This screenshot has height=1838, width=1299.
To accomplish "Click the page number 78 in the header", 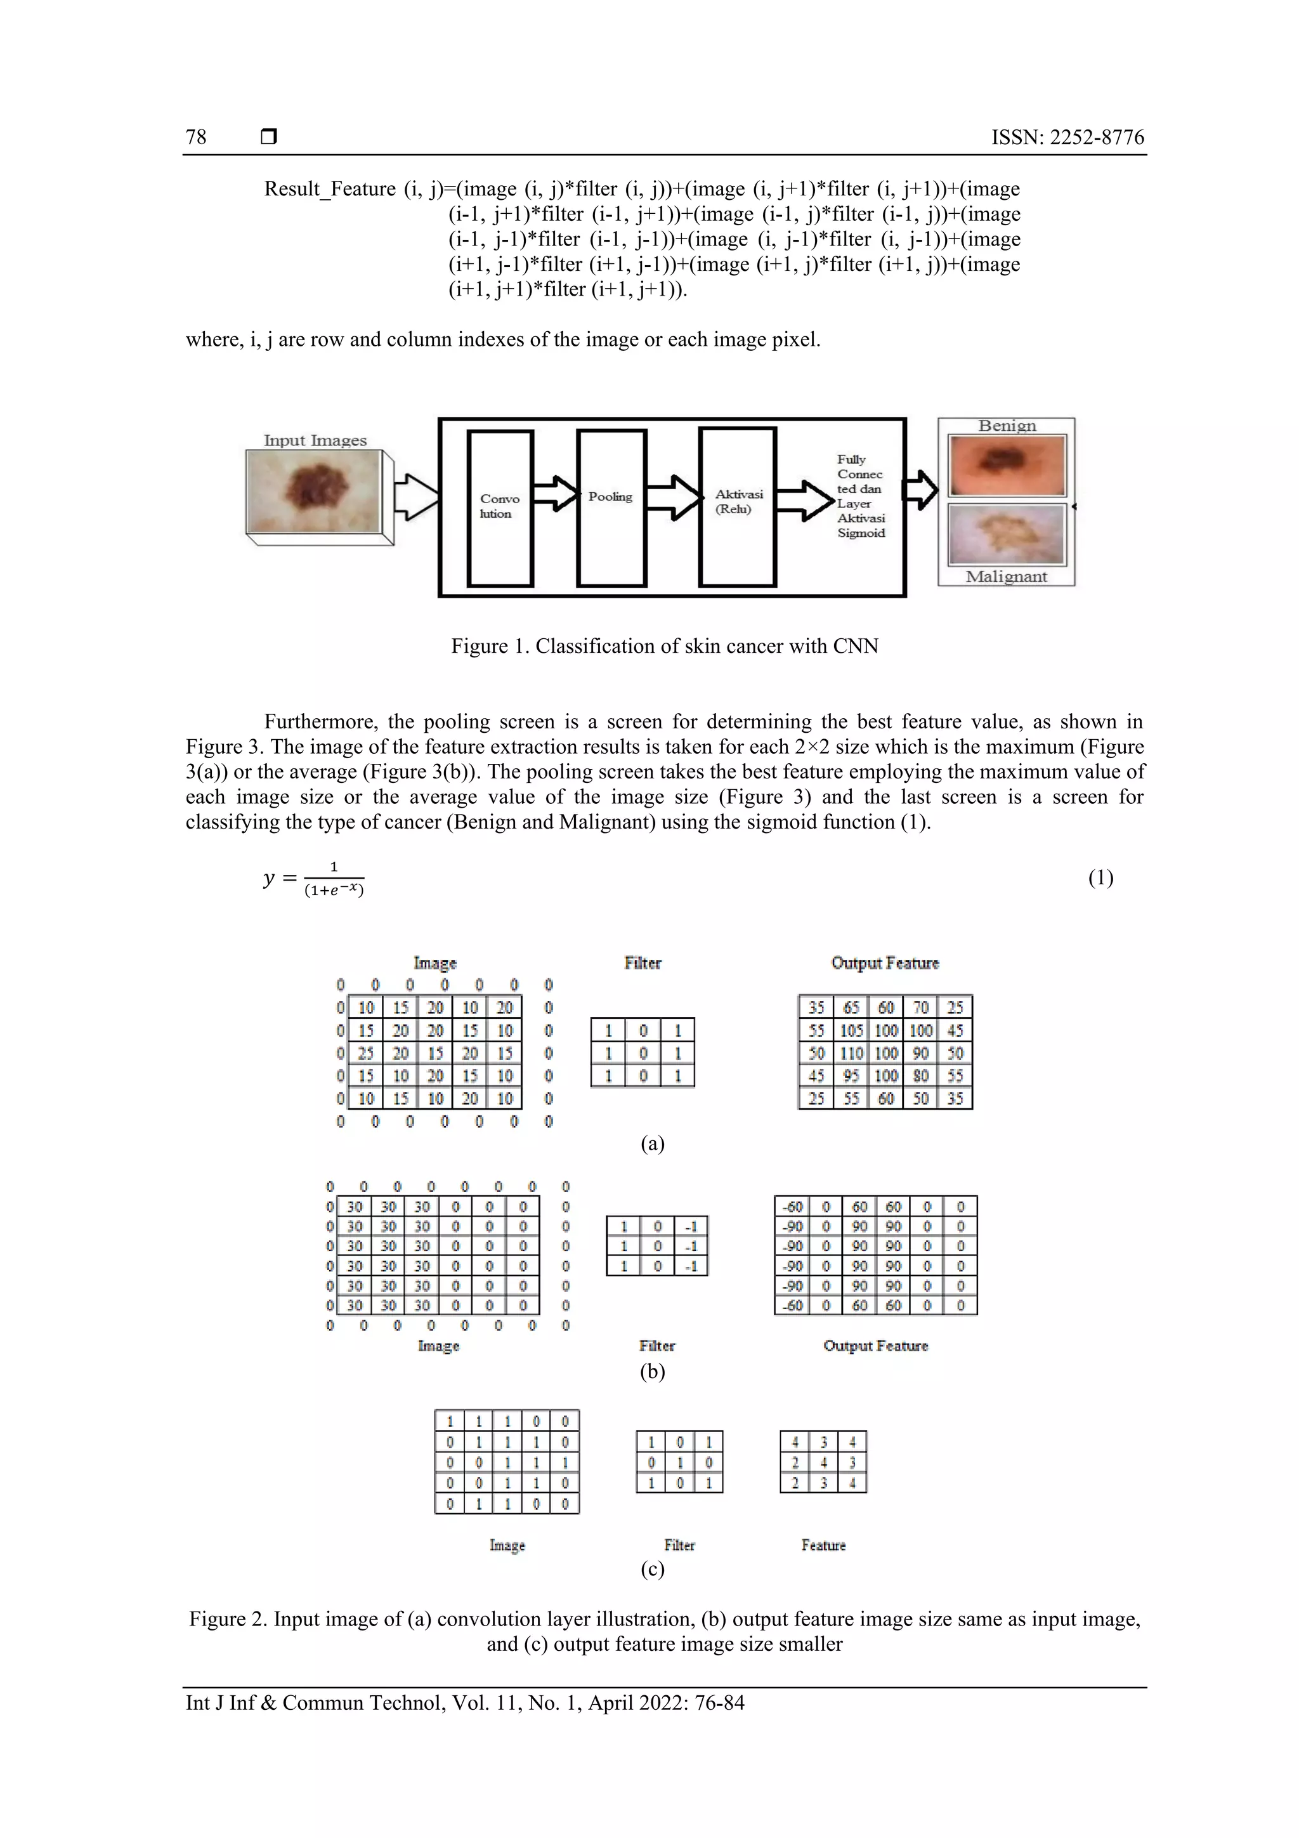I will tap(196, 138).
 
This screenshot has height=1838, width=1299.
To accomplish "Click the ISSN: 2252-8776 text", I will tap(1067, 138).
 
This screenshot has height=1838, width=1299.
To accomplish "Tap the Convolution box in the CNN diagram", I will tap(500, 508).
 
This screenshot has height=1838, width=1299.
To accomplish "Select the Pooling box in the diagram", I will tap(611, 508).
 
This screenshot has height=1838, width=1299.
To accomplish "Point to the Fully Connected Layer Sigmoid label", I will tap(861, 496).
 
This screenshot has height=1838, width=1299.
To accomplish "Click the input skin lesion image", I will tap(315, 490).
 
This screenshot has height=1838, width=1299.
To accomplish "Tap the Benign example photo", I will tap(1006, 465).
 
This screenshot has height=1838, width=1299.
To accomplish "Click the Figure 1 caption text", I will tap(664, 646).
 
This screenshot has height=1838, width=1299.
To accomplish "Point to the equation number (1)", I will tap(1100, 878).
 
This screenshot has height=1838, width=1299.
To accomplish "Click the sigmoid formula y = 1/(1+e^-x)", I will tap(314, 878).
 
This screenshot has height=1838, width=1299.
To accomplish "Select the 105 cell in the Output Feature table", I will tap(851, 1030).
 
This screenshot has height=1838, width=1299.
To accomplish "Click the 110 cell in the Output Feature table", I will tap(851, 1053).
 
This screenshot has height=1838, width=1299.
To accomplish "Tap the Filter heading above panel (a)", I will tap(643, 963).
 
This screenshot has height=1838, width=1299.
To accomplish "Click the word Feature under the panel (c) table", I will tap(823, 1545).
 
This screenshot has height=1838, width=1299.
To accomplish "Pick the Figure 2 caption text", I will tap(664, 1631).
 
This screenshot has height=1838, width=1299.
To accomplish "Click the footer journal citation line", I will tap(465, 1702).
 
